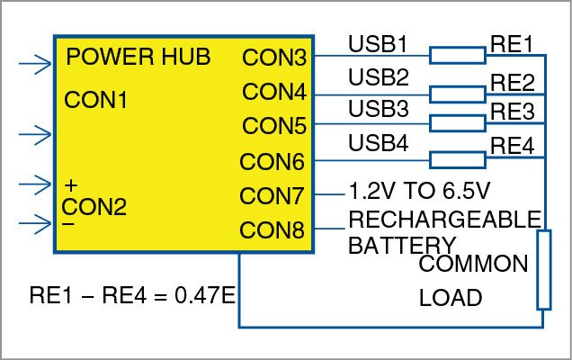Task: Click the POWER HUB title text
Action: point(139,57)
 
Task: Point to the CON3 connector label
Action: point(273,58)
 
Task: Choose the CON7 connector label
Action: point(273,195)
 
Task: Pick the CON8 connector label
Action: point(273,230)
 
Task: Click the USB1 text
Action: point(379,44)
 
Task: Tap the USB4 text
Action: point(379,142)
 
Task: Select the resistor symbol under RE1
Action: point(457,57)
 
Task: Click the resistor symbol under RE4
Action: point(457,159)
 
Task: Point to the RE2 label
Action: point(513,80)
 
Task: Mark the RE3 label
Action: point(513,112)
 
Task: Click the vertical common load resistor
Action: point(543,269)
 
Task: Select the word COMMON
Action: point(474,265)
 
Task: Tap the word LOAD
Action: point(451,298)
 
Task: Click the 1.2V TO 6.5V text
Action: point(417,192)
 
